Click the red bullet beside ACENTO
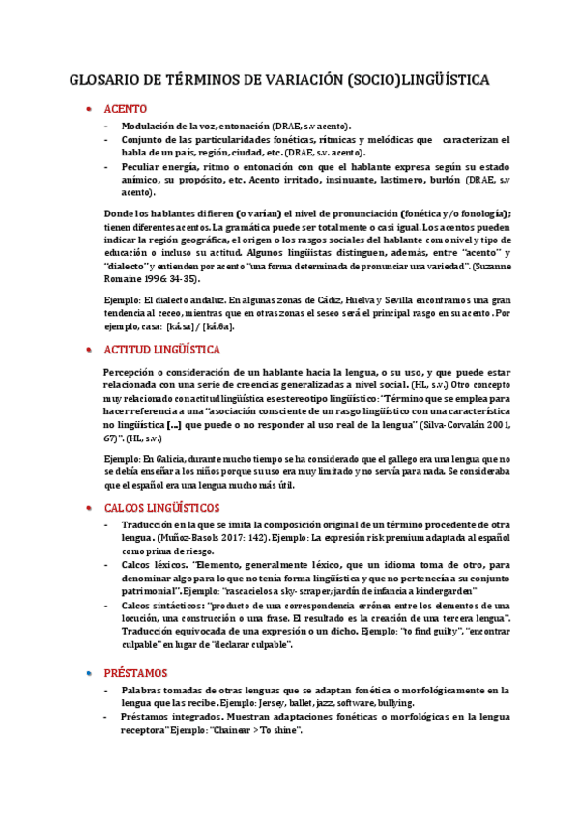point(89,109)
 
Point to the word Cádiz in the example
point(301,300)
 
